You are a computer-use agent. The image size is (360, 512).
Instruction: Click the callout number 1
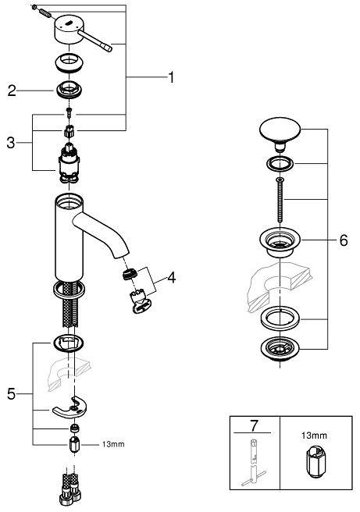(171, 77)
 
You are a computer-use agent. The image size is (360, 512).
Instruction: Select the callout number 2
(12, 91)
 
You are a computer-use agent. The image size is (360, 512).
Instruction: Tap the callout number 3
(11, 143)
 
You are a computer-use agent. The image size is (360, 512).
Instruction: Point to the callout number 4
(172, 278)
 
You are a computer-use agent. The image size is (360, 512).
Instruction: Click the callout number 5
(11, 394)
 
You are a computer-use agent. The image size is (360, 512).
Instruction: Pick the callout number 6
(344, 240)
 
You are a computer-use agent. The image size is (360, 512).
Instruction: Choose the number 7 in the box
(254, 425)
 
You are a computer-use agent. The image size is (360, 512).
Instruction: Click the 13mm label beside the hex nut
(113, 444)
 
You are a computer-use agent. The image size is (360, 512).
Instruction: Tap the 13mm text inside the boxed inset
(314, 436)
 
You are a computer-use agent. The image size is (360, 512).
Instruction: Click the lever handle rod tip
(109, 48)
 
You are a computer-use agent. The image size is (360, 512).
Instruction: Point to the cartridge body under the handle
(69, 162)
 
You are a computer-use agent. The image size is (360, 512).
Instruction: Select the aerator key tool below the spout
(141, 301)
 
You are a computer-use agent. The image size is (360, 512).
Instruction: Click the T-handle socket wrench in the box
(254, 463)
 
